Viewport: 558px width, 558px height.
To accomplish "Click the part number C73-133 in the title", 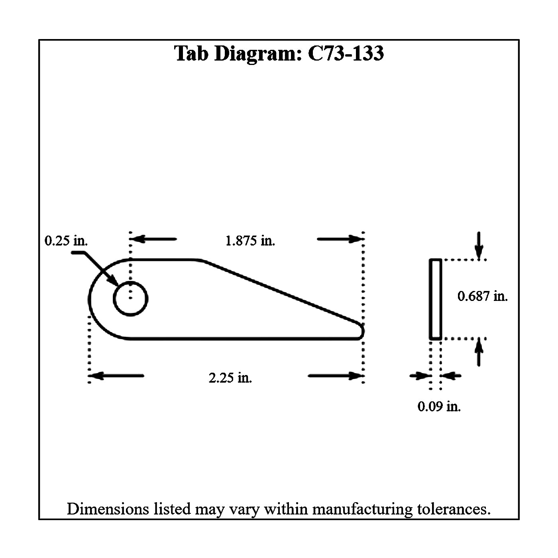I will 346,53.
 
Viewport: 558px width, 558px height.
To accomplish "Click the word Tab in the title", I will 191,53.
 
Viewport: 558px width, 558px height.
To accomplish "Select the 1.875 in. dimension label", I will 250,241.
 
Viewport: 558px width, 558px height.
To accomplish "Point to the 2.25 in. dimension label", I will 230,377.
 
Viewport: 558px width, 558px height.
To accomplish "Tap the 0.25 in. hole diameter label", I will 66,241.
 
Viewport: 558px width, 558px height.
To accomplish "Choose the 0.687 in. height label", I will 482,296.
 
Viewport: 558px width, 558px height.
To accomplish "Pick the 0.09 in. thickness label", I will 439,407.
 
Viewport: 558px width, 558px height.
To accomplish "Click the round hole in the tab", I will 131,299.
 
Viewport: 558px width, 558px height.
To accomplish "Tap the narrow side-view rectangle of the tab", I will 435,299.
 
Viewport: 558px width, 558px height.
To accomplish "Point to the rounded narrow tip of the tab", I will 362,331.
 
